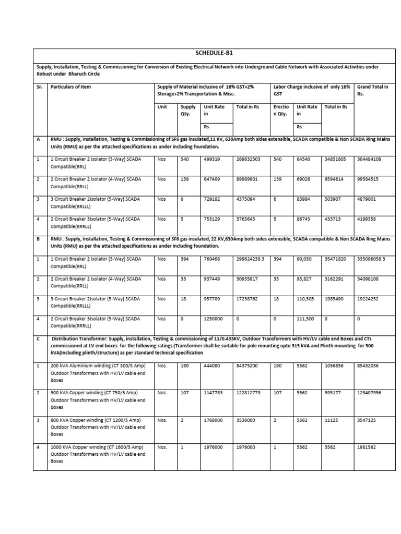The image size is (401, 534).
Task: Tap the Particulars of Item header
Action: pos(70,87)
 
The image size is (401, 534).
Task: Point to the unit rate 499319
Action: pos(214,159)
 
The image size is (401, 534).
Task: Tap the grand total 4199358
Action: pos(370,219)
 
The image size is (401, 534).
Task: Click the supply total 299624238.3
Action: pos(251,259)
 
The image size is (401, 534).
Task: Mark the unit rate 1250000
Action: pos(215,319)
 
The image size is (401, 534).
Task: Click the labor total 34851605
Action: pos(337,159)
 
